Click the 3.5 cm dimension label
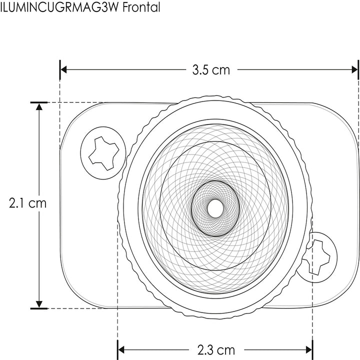click(x=211, y=70)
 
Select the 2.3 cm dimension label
click(x=215, y=349)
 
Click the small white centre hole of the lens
click(x=215, y=208)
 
